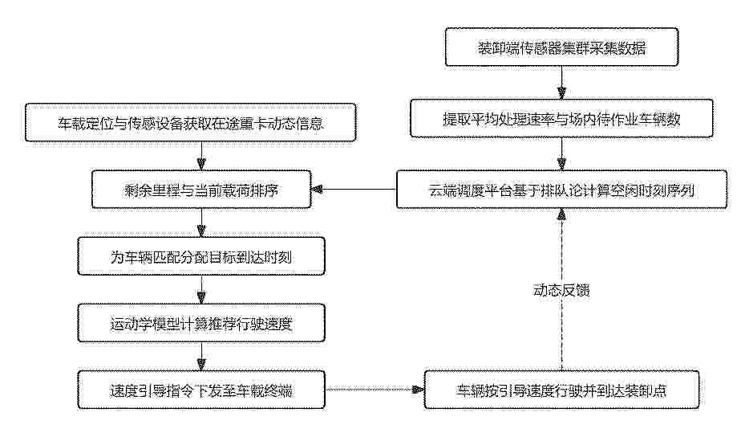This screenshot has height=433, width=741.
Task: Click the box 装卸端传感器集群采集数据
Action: tap(562, 47)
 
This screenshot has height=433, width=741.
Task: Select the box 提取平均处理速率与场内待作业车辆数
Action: tap(561, 118)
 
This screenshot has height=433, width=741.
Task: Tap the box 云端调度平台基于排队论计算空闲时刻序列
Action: tap(561, 190)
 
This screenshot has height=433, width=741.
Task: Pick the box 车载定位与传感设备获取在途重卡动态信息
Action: tap(190, 123)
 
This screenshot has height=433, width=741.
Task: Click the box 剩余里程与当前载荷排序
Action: tap(201, 190)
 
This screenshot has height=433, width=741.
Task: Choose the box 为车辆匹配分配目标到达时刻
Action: tap(201, 256)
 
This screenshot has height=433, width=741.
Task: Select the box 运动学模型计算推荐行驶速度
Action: tap(201, 323)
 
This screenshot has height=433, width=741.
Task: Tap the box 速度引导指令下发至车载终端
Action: tap(201, 390)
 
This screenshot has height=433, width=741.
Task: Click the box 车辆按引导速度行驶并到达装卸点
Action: tap(561, 390)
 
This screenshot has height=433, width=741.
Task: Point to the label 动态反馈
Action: tap(561, 290)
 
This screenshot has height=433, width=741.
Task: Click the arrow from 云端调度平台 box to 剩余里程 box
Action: tap(354, 190)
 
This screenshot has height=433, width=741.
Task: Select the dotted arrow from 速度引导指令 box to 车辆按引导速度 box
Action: tap(375, 390)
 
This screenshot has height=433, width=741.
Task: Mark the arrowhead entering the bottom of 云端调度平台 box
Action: tap(561, 214)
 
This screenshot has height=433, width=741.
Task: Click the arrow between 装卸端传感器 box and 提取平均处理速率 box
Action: tap(561, 83)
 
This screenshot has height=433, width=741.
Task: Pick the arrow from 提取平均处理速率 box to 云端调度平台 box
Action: tap(561, 154)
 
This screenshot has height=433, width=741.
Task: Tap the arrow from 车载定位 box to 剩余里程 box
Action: tap(201, 156)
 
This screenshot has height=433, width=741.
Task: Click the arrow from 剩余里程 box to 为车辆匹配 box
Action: tap(201, 223)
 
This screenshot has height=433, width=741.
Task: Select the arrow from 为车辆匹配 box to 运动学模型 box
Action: tap(201, 290)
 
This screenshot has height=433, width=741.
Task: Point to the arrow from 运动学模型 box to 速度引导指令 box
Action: tap(201, 357)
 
